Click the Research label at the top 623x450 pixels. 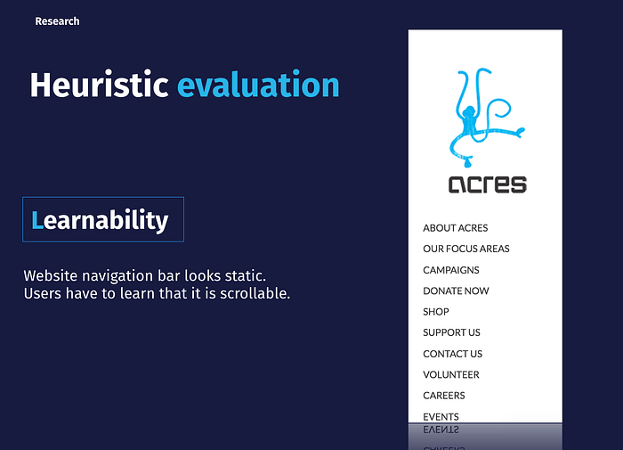point(57,21)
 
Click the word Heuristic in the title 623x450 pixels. point(100,85)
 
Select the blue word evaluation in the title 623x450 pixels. point(258,85)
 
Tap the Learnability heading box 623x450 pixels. point(103,219)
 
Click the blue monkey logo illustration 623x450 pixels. point(486,118)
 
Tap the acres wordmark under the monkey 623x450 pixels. point(488,184)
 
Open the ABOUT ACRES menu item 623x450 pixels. point(456,228)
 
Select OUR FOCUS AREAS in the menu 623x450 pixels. point(466,249)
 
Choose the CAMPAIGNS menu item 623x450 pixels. point(451,270)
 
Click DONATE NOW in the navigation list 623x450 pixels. point(456,290)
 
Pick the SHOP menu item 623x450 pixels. point(436,312)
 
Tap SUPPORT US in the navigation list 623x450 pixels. point(451,332)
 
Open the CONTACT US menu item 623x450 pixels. point(452,354)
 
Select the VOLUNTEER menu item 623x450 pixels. point(451,374)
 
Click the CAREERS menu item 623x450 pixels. point(444,396)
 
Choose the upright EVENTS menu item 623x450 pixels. point(441,416)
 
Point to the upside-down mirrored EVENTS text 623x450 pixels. point(441,430)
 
